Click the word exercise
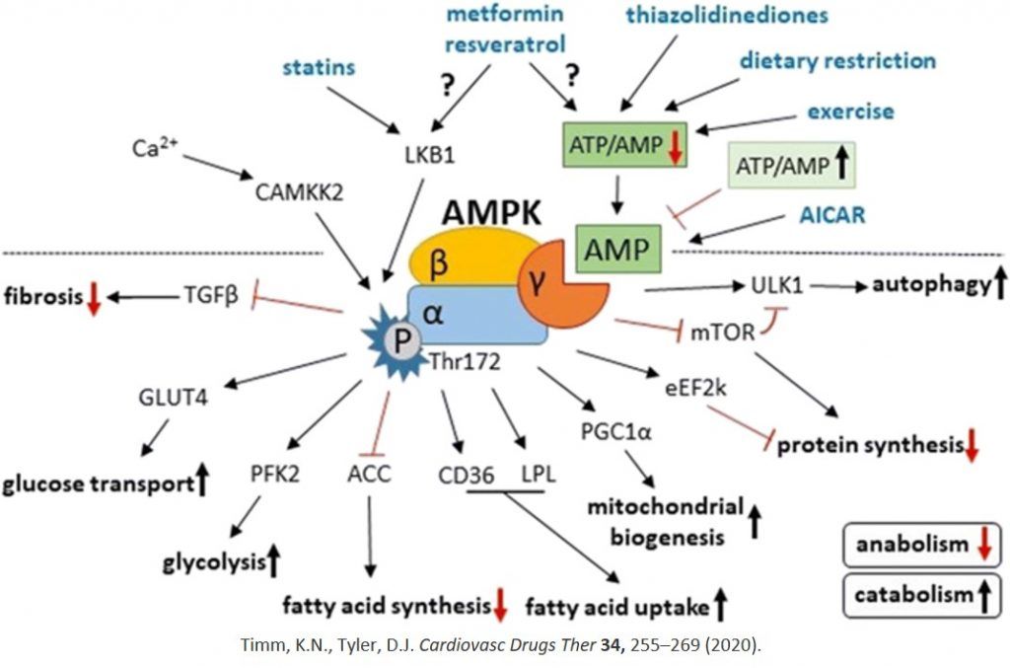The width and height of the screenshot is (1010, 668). (850, 111)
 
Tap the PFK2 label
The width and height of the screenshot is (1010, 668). (275, 475)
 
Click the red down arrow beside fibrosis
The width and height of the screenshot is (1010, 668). (94, 299)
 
